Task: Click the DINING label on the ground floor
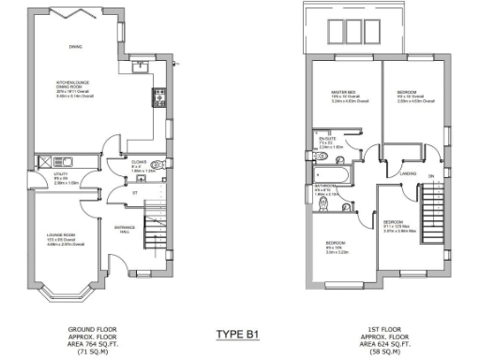(75, 46)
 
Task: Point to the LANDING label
(408, 172)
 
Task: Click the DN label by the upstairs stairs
(432, 175)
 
